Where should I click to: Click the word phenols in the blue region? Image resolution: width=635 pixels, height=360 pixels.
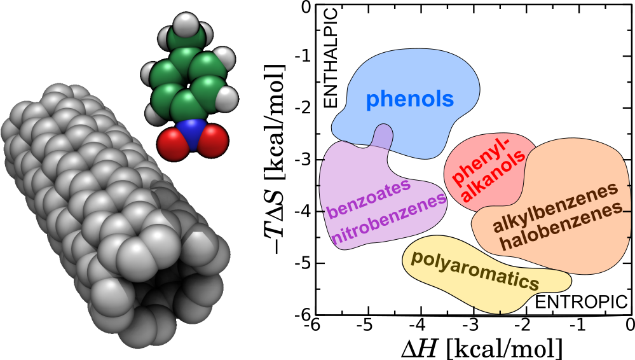pos(410,99)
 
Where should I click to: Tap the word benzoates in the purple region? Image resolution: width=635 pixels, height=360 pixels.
pos(369,200)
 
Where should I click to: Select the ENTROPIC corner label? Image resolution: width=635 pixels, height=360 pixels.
pos(581,302)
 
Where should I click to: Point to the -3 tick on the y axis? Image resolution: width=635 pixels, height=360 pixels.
pos(308,160)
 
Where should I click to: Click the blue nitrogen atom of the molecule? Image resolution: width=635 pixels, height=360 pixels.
pos(192,134)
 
